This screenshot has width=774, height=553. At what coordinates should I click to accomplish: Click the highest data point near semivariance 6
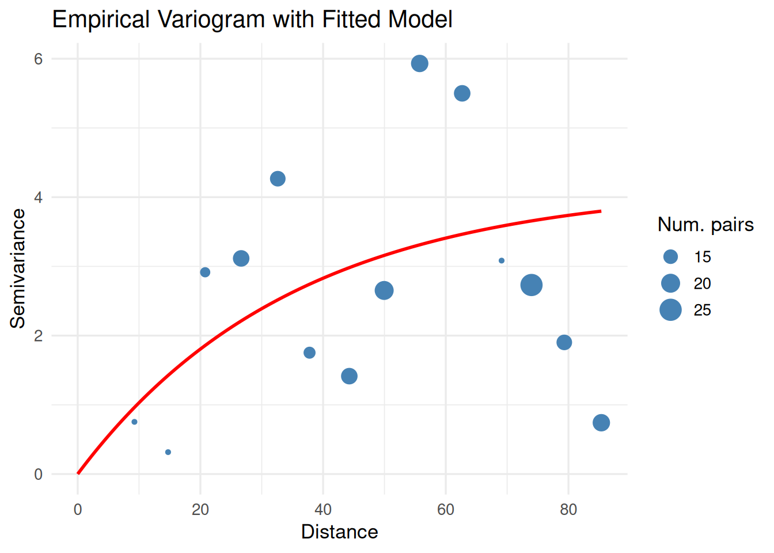419,63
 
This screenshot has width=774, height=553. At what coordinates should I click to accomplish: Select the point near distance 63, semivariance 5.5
462,93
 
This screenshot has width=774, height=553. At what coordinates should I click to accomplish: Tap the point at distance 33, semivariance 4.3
278,179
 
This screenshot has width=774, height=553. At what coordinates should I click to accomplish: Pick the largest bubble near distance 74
531,285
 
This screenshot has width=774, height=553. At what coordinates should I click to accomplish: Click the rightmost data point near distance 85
601,423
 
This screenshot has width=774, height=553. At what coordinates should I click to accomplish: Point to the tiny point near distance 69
502,261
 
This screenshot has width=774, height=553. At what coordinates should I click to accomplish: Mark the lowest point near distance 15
168,452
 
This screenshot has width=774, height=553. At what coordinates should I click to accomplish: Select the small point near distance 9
134,422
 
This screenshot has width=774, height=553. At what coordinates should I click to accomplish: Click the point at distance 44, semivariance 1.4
349,376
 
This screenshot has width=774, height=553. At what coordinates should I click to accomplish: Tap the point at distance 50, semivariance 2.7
384,290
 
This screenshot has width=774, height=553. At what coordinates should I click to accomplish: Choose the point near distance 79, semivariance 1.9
564,342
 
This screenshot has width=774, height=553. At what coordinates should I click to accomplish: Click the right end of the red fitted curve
600,211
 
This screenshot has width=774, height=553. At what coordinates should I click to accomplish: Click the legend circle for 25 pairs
670,310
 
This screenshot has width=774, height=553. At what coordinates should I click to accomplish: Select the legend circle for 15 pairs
670,257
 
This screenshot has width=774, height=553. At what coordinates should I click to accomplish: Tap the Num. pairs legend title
705,225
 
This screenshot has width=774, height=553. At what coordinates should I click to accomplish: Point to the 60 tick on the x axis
446,509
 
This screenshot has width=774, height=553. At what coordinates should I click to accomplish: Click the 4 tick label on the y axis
39,197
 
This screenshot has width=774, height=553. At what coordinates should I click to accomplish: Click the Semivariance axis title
18,268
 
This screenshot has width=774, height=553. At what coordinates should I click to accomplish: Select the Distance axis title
339,532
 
